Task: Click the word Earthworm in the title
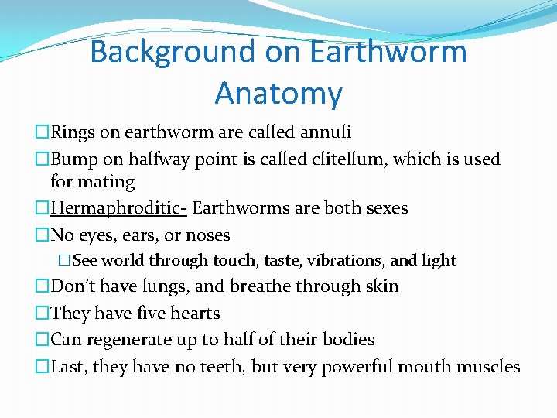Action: [388, 53]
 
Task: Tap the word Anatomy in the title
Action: [278, 94]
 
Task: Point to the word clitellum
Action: [349, 159]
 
